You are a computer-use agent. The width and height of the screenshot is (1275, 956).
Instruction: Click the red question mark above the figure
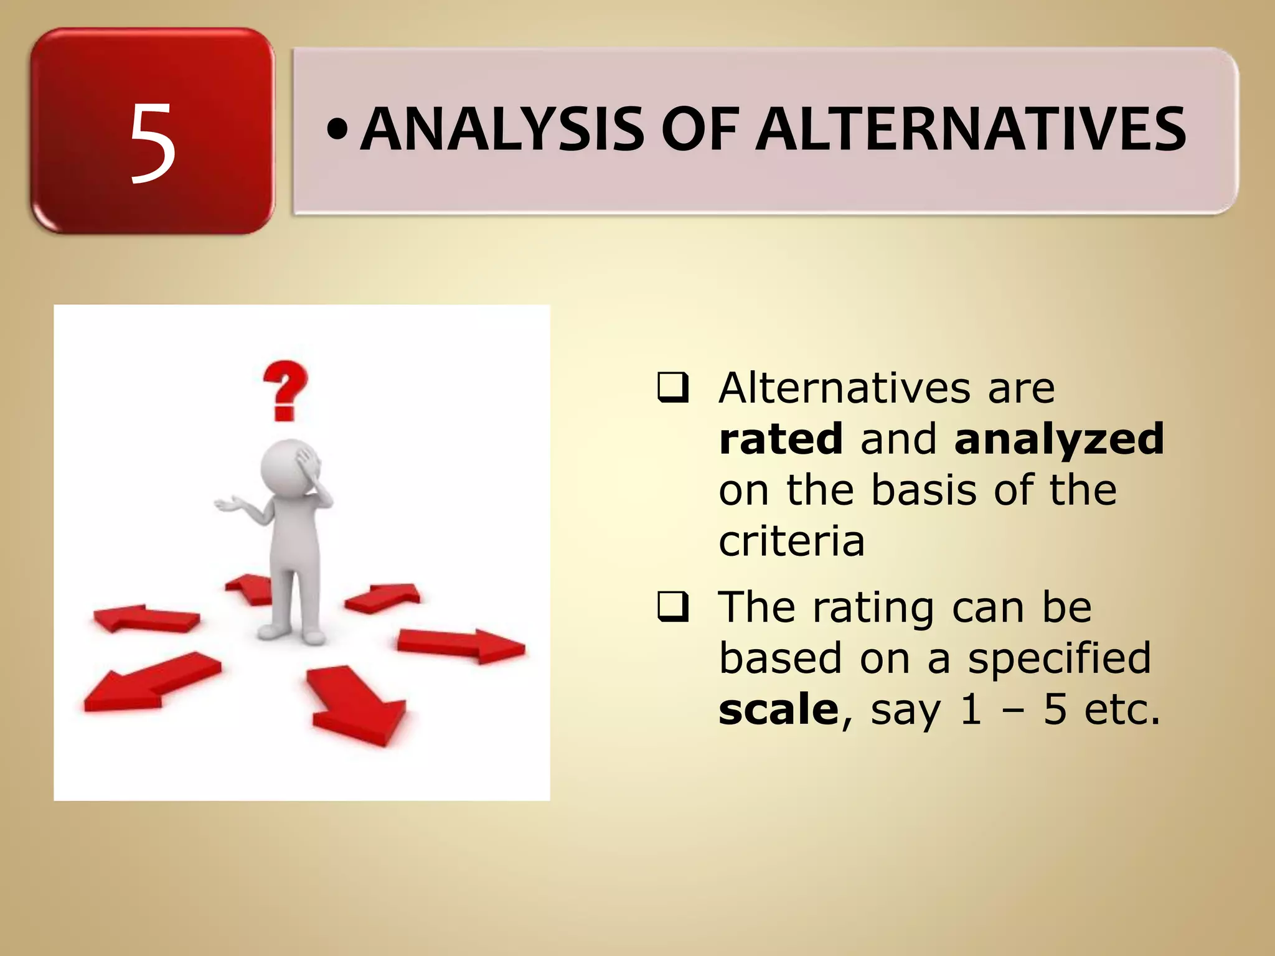click(x=285, y=390)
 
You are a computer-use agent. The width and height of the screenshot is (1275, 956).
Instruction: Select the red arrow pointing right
click(x=461, y=645)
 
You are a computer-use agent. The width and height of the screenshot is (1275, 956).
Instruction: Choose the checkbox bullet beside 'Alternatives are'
click(x=673, y=388)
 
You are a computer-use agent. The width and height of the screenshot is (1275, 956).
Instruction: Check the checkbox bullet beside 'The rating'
click(x=673, y=607)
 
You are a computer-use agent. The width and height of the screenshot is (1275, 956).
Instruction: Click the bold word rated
click(x=781, y=439)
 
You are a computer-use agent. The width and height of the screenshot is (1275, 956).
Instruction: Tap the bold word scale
click(x=778, y=710)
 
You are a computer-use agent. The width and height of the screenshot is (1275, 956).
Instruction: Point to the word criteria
click(x=791, y=541)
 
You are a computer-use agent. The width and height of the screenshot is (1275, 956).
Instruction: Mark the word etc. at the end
click(x=1122, y=710)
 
